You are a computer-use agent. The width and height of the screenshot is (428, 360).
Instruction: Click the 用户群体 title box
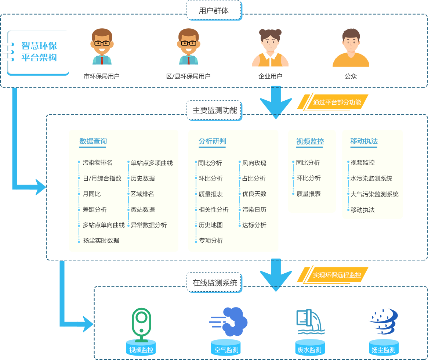pos(214,11)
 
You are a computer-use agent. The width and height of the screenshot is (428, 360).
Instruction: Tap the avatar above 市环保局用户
pos(102,47)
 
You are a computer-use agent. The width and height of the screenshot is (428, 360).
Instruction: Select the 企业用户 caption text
pos(270,76)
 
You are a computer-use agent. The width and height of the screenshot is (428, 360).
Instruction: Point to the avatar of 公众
pos(351,47)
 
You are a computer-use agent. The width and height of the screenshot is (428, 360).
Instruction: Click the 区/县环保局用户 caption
pos(188,76)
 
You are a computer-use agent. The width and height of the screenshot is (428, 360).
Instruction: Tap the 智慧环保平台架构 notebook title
pos(39,52)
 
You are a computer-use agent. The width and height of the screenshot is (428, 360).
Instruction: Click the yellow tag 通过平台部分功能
pos(337,102)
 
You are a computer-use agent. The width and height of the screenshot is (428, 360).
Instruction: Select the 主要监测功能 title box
pos(214,110)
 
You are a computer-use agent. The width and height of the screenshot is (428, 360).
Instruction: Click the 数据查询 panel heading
pos(93,141)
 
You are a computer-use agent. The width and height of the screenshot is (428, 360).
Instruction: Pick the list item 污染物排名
pos(98,163)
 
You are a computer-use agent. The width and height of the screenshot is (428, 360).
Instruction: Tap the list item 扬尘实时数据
pos(101,241)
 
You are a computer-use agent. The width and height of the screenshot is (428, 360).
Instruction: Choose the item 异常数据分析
pos(149,225)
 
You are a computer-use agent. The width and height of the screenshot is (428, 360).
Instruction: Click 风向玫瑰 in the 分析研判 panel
pos(254,163)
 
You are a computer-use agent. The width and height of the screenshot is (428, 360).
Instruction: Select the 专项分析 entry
pos(211,241)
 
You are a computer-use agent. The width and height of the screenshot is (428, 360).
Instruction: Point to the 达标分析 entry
pos(254,225)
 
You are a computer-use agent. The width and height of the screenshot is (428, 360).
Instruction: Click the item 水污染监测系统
pos(371,179)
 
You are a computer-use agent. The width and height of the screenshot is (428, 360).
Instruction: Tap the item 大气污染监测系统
pos(374,194)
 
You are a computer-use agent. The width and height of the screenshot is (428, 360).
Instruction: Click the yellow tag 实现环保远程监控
pos(337,275)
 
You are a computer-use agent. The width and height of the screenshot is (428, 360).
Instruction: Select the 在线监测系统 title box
pos(214,283)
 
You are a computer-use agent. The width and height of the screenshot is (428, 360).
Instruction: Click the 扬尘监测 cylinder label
pos(384,350)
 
